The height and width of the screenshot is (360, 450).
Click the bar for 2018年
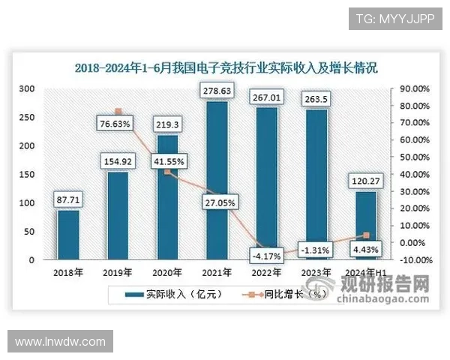(x=67, y=235)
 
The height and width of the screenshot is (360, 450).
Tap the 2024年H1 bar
(x=365, y=225)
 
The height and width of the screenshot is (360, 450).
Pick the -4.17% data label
(x=268, y=256)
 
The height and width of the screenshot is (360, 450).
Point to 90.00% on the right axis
(x=412, y=88)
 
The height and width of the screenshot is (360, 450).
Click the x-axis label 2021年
(x=218, y=272)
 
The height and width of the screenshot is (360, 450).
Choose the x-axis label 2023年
(x=317, y=272)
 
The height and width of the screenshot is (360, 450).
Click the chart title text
(x=226, y=67)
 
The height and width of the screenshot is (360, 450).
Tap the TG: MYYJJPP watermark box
(x=395, y=17)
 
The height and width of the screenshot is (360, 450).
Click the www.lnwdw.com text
(x=60, y=342)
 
